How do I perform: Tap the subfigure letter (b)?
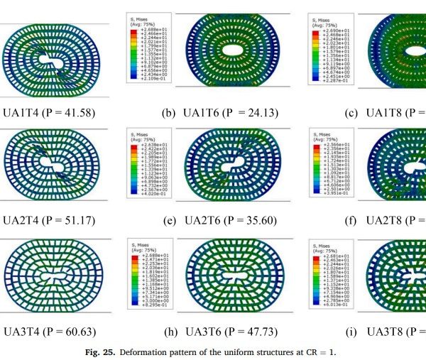click(x=168, y=112)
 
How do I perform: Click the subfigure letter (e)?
click(x=168, y=221)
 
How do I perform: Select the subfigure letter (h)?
click(x=168, y=331)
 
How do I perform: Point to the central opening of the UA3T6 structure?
click(x=235, y=273)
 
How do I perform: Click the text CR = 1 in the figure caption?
click(x=322, y=350)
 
